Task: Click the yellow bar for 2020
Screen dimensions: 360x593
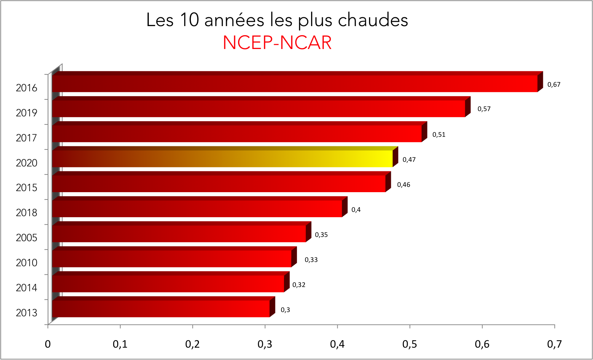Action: click(222, 159)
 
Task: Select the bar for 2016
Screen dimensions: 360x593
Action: click(295, 84)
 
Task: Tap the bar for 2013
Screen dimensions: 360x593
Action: click(161, 309)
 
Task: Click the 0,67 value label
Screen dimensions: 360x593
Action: click(554, 85)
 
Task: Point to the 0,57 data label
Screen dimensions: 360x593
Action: click(484, 109)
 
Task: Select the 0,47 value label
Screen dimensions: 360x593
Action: click(409, 160)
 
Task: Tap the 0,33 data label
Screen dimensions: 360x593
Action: click(311, 260)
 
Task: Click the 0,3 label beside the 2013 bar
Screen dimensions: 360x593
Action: click(285, 310)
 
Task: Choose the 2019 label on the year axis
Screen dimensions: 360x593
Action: click(26, 113)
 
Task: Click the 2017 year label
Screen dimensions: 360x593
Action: click(26, 138)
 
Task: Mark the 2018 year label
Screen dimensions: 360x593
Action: click(26, 213)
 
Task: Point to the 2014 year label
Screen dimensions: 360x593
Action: click(26, 288)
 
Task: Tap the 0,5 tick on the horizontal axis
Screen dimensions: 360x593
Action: click(410, 344)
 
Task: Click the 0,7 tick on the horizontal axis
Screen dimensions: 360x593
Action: click(554, 344)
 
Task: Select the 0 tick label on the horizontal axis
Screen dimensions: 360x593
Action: click(48, 344)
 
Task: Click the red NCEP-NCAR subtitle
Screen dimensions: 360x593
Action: click(277, 43)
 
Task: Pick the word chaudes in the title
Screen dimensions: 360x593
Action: click(373, 20)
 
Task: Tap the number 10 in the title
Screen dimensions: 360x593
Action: click(190, 20)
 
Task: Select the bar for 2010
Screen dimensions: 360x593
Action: click(172, 258)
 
